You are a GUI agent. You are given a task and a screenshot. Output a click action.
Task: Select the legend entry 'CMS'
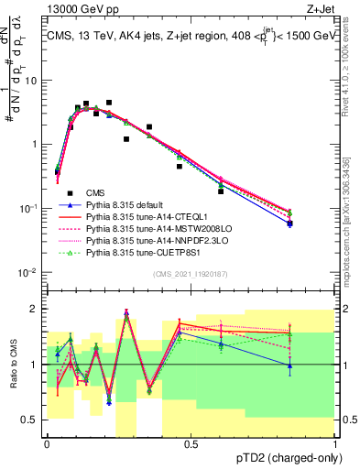point(94,194)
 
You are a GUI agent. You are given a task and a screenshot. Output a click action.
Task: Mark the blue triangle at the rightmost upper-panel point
point(289,224)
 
